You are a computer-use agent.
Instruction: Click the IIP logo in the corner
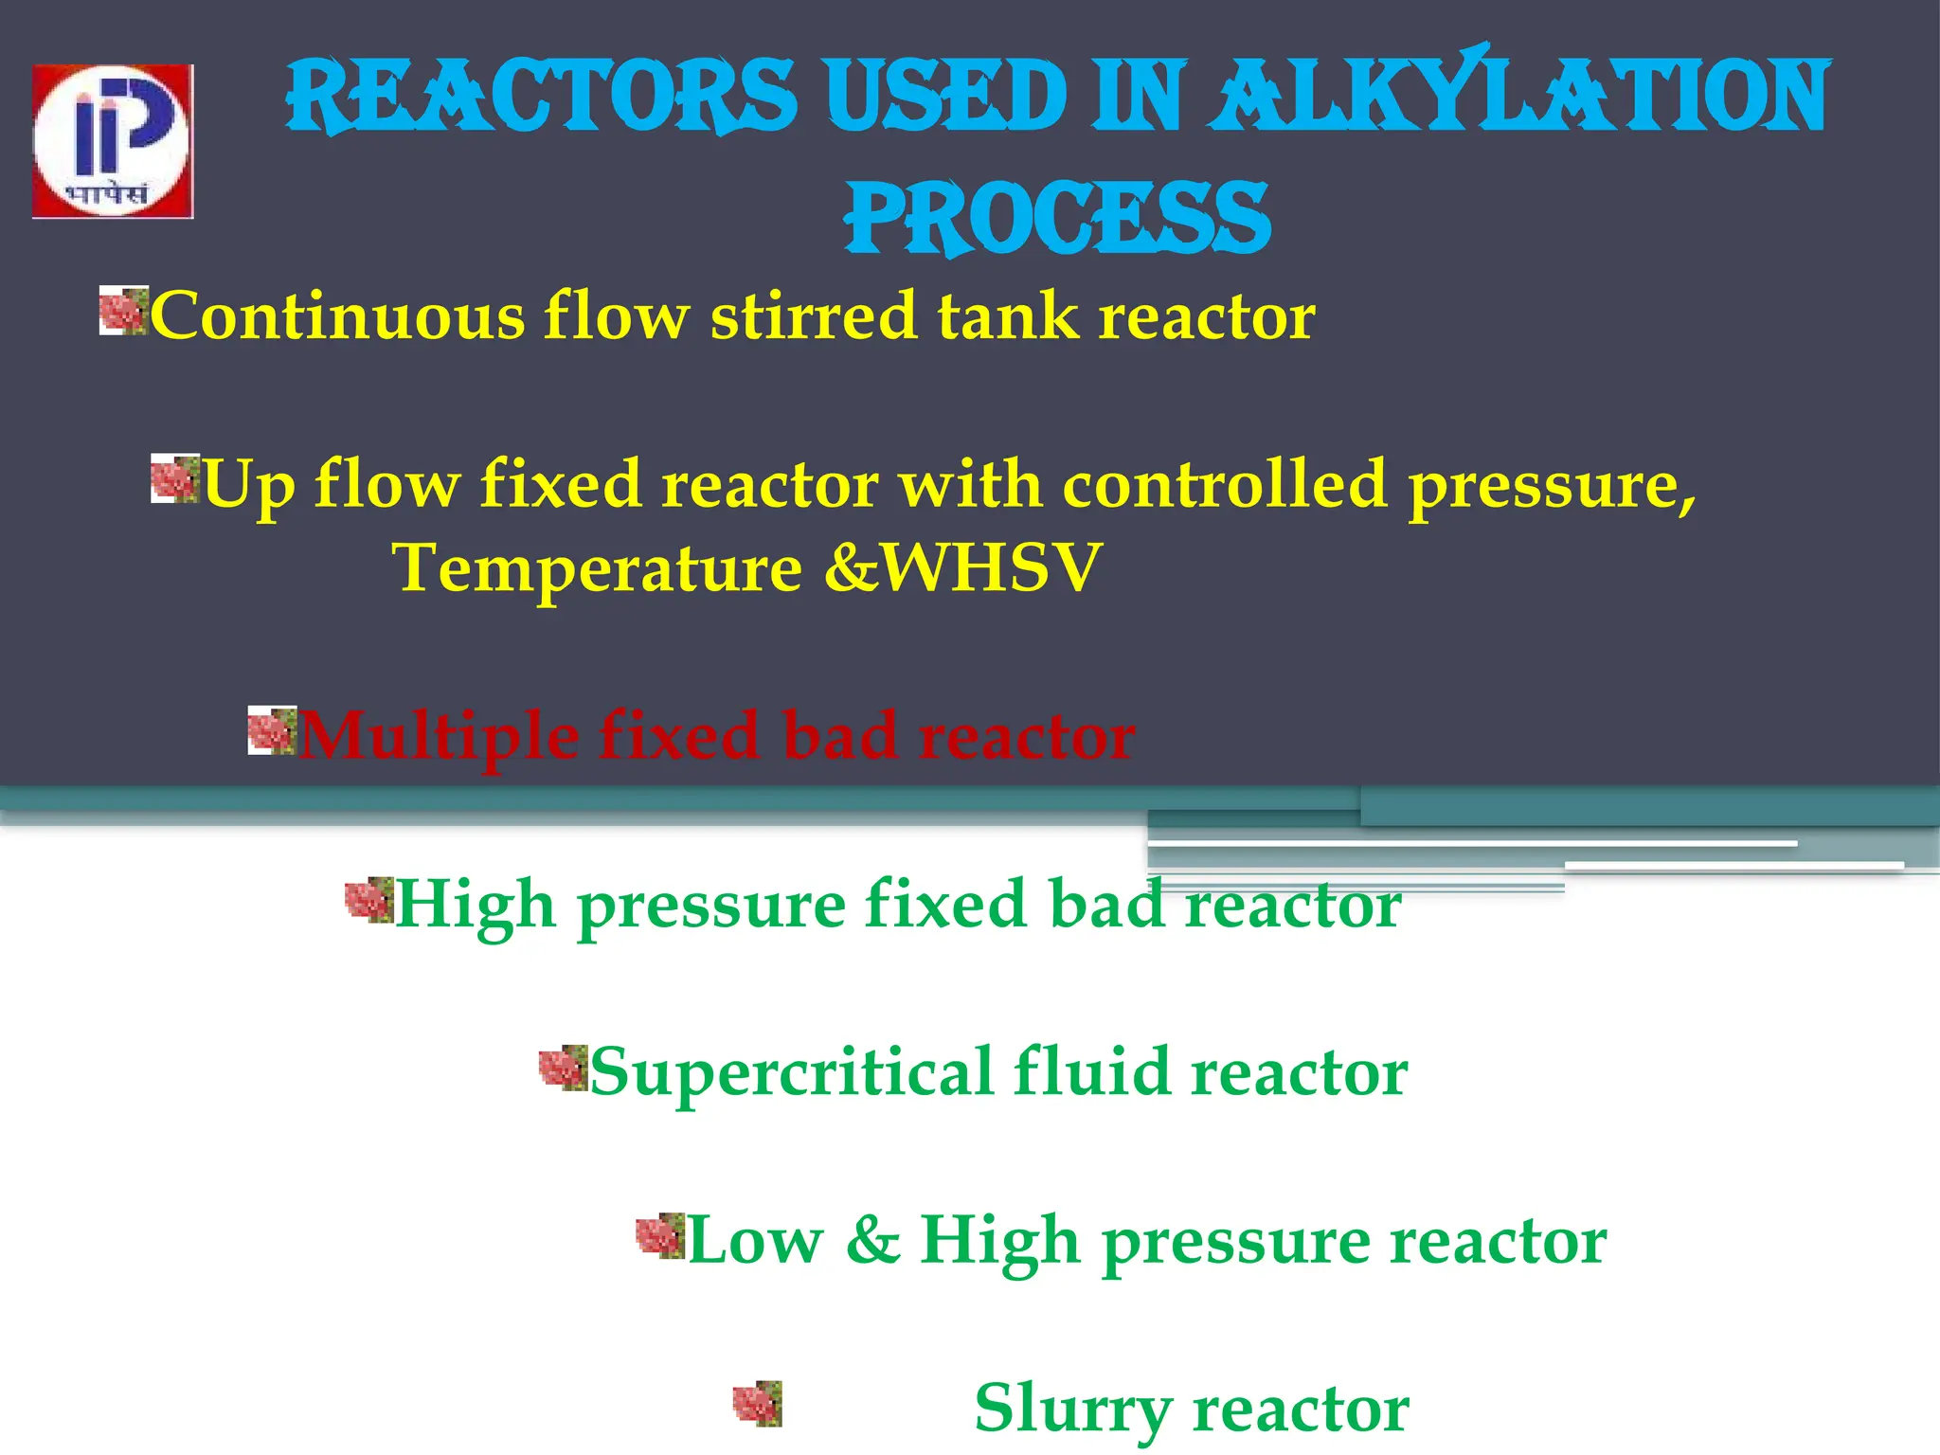point(113,141)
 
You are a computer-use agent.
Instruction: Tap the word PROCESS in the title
point(1057,219)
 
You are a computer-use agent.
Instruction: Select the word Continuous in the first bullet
point(337,315)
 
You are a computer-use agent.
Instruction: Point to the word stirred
point(814,315)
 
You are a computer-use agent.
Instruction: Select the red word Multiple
point(438,736)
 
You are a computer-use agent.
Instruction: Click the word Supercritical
point(790,1072)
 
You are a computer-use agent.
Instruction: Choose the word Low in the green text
point(755,1240)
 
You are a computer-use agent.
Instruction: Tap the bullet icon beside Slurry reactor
point(758,1404)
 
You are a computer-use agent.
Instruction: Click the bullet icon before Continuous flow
point(124,311)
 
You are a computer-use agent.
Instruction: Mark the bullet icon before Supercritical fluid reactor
point(564,1068)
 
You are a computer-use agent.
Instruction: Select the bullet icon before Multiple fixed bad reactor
point(273,730)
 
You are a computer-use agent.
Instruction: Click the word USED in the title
point(945,96)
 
